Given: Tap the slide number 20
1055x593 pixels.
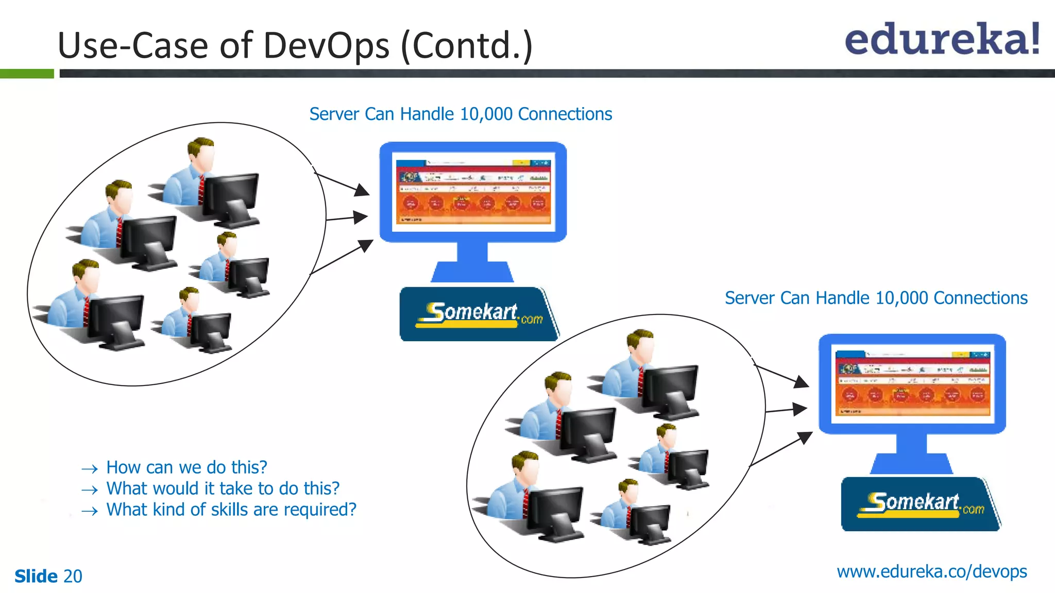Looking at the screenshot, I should click(x=73, y=576).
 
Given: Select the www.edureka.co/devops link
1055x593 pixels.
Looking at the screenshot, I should click(x=931, y=571).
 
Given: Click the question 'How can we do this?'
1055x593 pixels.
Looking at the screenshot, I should click(x=186, y=467).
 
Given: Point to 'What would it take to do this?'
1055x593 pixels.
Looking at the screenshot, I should click(x=223, y=489).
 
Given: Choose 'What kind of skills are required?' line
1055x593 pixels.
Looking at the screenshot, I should click(x=231, y=510).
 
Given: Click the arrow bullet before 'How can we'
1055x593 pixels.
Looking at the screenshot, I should click(x=90, y=468).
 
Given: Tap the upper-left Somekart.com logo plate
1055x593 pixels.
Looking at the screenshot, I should click(x=478, y=314).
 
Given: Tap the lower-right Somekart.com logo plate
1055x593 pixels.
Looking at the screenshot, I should click(x=920, y=504).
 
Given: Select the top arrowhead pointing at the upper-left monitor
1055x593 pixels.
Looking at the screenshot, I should click(x=363, y=189).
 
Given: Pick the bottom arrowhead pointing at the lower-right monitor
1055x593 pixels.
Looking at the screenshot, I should click(x=805, y=438).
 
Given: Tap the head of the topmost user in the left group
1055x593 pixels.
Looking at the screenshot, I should click(x=201, y=151).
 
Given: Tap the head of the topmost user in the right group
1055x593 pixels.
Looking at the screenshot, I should click(x=641, y=343).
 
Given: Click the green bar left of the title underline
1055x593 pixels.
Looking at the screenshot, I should click(x=27, y=74).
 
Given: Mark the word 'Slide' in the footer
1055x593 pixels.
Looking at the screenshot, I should click(x=36, y=576).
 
